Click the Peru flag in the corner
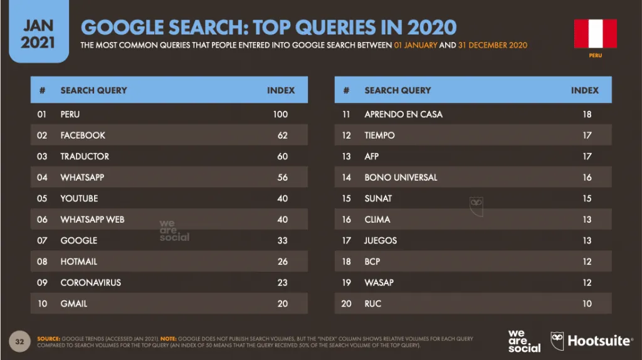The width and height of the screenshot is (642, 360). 596,34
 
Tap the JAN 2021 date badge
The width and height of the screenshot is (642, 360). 38,31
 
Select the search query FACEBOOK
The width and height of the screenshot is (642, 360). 83,135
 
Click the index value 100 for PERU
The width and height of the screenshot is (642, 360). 280,114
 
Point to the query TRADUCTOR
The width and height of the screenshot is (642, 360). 85,156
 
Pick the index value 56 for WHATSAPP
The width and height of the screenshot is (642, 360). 283,177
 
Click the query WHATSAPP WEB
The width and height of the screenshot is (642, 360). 93,220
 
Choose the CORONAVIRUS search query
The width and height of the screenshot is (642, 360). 91,283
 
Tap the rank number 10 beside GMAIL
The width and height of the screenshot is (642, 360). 42,304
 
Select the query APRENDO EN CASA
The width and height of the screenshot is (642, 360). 404,114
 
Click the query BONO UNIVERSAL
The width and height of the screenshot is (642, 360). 401,177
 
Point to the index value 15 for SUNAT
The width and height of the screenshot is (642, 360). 587,198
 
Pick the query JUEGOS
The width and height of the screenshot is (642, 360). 381,240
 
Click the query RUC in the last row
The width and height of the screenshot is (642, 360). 373,304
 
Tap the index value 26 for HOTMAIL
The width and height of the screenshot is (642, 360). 283,262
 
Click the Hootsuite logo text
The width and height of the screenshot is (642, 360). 599,341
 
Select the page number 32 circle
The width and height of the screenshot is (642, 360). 19,342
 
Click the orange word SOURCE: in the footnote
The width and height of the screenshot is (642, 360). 49,339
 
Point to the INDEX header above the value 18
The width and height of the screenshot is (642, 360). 585,90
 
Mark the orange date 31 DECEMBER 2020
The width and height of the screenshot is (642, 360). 493,45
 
